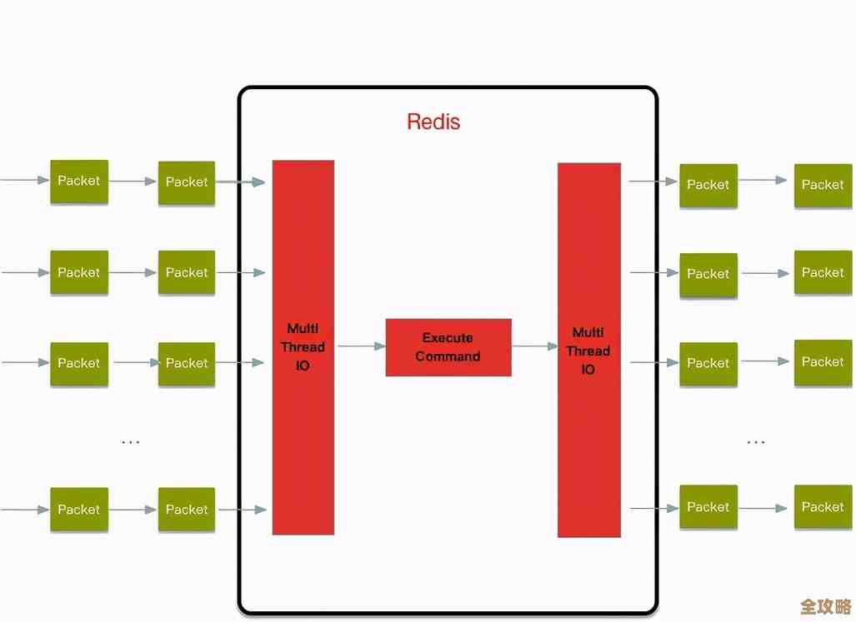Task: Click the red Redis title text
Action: point(433,122)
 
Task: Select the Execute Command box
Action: point(448,347)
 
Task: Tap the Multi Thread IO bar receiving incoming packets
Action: point(303,346)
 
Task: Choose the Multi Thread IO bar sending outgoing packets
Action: point(588,350)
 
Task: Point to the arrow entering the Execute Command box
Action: point(361,346)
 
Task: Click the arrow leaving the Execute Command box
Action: point(534,346)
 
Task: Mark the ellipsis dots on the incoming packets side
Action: point(131,441)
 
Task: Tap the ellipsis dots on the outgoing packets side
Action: point(756,441)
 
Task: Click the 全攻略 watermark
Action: point(825,605)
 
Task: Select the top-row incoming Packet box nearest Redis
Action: point(187,182)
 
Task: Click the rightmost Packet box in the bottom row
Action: point(823,507)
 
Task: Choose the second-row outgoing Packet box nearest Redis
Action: point(708,275)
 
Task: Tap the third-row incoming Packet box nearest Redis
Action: point(187,364)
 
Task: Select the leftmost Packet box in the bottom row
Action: point(79,510)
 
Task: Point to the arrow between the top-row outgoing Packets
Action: point(763,180)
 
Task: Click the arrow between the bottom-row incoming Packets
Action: point(133,510)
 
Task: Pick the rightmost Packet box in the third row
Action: point(823,362)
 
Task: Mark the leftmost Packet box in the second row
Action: point(79,273)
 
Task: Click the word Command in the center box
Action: point(448,356)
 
